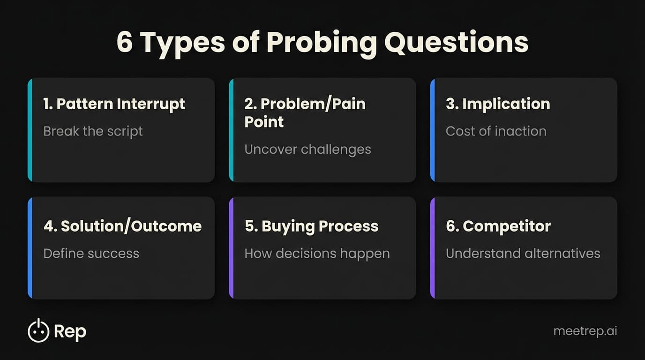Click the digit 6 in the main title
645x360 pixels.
point(124,43)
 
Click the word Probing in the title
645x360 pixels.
point(322,43)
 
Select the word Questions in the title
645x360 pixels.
point(456,43)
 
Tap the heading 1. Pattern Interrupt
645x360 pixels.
point(114,104)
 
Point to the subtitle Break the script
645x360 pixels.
point(93,131)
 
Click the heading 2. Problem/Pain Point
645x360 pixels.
point(305,112)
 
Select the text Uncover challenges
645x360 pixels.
point(307,150)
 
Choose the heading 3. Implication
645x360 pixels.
point(498,104)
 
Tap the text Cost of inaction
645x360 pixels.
point(496,131)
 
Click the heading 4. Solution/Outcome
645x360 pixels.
point(122,226)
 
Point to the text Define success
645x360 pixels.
point(91,254)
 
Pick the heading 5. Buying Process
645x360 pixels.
point(311,226)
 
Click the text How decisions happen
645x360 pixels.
point(317,254)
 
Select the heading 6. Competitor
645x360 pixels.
point(498,226)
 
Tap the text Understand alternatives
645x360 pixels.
point(523,254)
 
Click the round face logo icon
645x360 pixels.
point(38,331)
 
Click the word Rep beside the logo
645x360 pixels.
point(70,332)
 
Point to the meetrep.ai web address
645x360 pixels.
point(585,331)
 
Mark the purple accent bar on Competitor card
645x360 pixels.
point(433,247)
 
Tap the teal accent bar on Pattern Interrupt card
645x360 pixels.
point(30,130)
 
